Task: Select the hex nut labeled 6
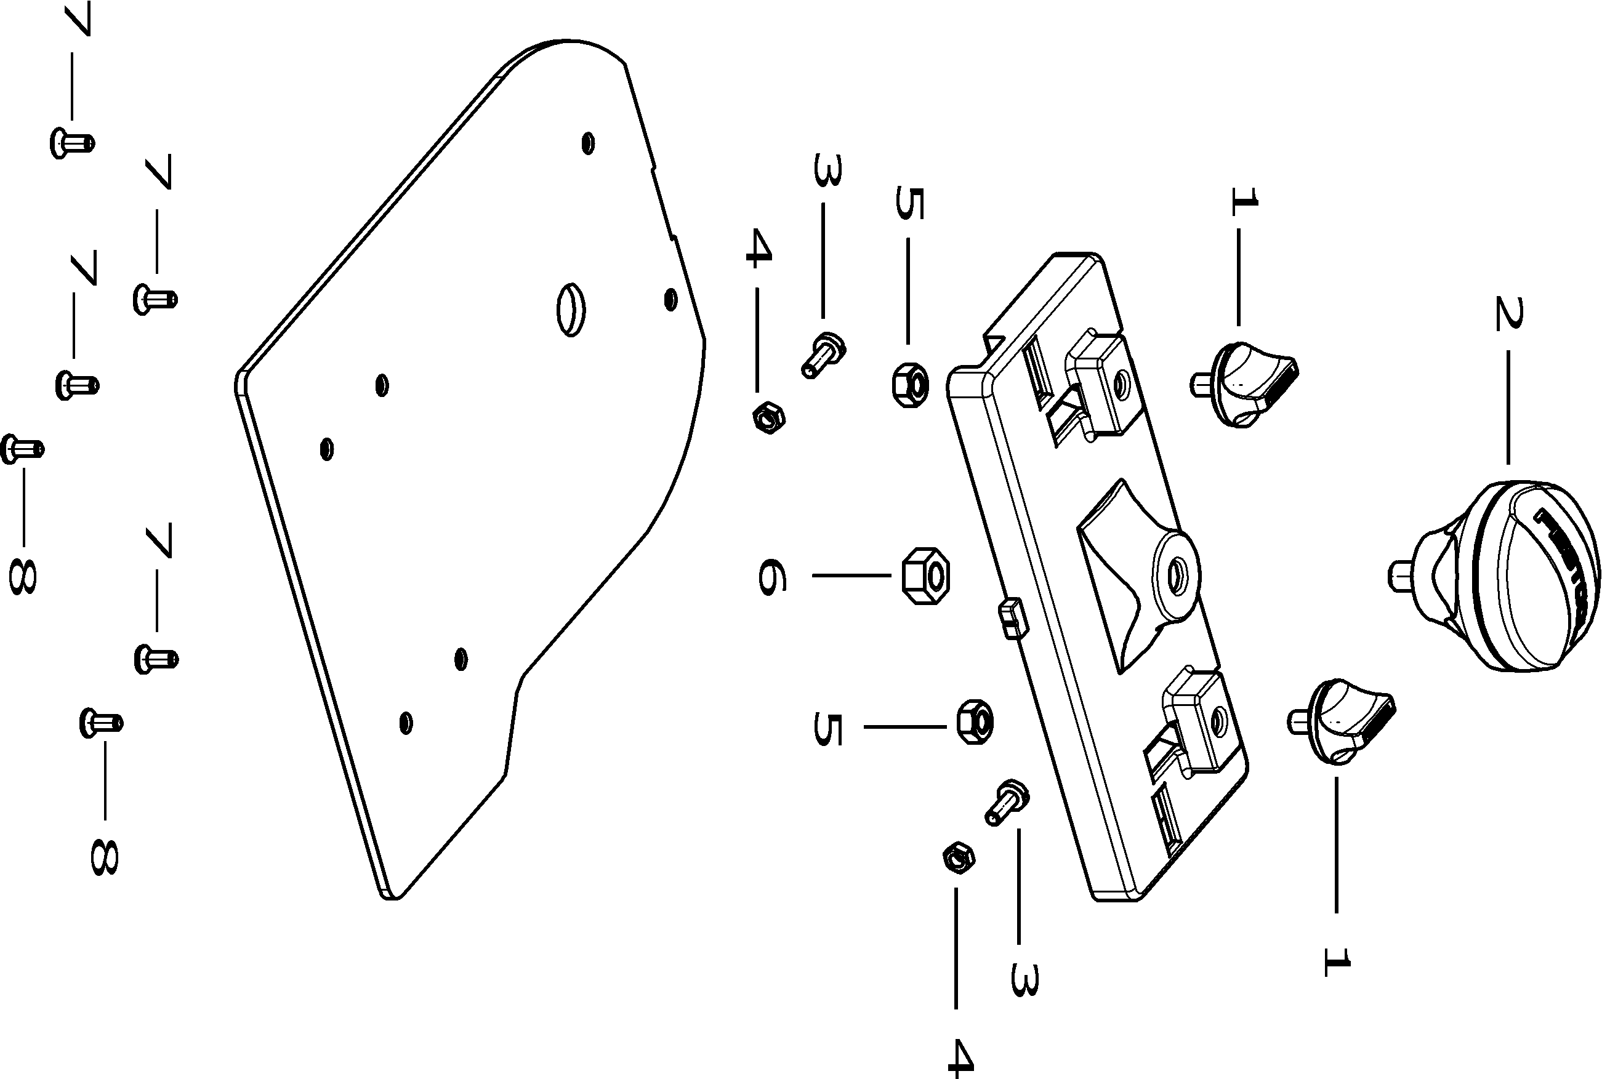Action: [925, 576]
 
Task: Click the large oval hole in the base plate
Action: [571, 309]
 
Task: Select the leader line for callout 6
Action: [852, 576]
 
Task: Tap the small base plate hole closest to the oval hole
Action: [670, 299]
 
